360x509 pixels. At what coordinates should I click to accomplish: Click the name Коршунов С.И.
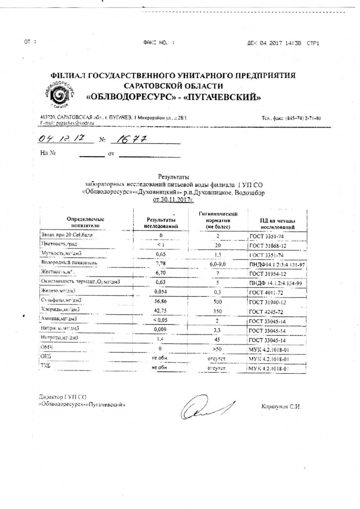coord(281,407)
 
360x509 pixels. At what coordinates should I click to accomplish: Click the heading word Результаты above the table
coord(170,176)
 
